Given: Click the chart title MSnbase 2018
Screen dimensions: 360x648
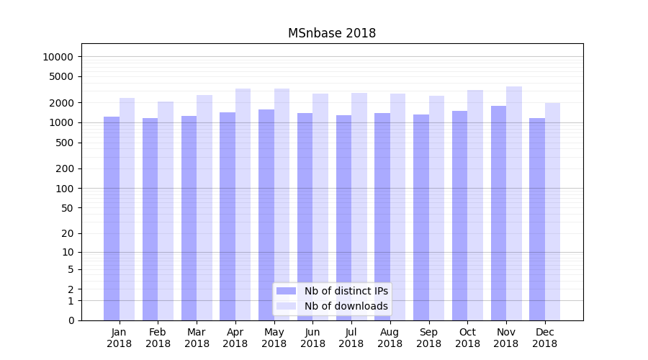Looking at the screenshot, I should pos(331,33).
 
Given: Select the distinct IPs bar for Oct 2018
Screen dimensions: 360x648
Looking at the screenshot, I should pos(460,215).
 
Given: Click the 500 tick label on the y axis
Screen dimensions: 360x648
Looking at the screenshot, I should pos(65,143).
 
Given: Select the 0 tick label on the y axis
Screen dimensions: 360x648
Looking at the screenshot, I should pos(71,320).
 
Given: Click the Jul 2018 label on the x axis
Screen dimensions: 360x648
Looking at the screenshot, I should pos(351,338).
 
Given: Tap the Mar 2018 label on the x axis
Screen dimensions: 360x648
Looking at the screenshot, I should pos(197,338).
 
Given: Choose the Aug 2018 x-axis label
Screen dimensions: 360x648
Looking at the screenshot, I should pos(390,338).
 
